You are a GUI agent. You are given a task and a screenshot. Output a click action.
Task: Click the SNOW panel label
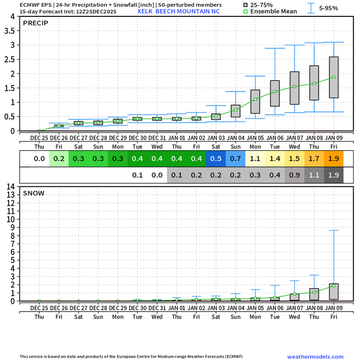point(33,193)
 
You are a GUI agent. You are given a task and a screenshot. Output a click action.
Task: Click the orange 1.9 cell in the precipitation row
point(334,158)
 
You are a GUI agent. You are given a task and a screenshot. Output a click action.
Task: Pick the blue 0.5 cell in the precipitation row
point(216,158)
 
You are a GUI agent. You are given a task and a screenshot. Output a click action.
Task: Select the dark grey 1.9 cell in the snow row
point(334,175)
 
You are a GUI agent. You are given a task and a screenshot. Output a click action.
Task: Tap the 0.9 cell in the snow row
point(294,175)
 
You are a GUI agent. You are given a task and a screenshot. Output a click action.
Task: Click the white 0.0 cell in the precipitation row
point(39,158)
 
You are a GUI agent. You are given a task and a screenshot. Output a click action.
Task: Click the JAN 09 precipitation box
point(334,77)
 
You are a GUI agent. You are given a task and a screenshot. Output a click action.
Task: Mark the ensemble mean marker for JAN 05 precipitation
point(255,99)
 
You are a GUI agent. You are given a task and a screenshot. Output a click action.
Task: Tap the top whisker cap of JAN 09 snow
point(334,230)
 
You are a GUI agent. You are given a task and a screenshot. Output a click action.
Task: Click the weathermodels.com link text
point(315,356)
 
